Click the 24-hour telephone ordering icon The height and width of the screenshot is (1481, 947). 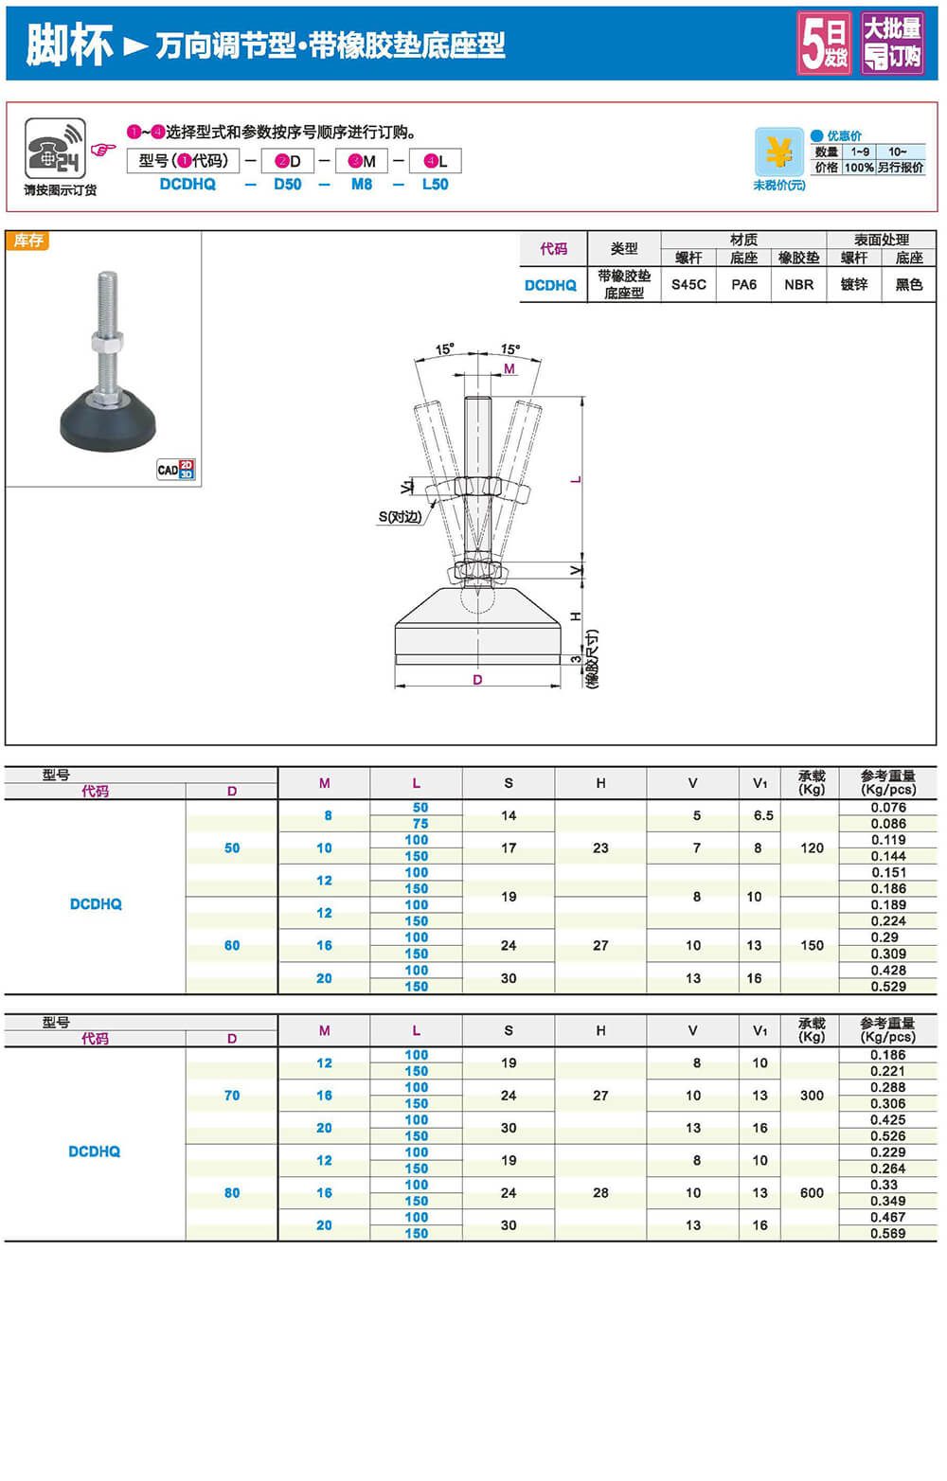tap(55, 148)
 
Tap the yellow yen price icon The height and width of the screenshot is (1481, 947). tap(778, 152)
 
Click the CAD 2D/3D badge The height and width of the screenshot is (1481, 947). tap(176, 470)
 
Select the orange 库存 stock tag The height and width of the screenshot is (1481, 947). tap(28, 241)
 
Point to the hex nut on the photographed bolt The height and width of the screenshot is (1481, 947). tap(107, 342)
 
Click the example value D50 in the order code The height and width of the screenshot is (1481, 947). tap(287, 185)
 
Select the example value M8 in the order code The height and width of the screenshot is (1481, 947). tap(362, 185)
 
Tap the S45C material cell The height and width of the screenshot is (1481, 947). tap(688, 284)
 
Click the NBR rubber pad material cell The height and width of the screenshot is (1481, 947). tap(798, 284)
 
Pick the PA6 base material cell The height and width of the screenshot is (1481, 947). tap(743, 284)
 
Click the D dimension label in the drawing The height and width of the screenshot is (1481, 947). tap(477, 680)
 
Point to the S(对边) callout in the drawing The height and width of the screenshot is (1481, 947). tap(400, 517)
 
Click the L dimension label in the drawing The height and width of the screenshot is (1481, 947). tap(576, 479)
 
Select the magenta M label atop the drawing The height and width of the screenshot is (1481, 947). tap(509, 368)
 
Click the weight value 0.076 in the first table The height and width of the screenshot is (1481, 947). tap(888, 808)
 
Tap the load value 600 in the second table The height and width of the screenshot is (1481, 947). tap(812, 1193)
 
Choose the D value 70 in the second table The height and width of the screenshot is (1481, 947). tap(232, 1096)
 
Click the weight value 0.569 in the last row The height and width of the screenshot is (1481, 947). tap(888, 1234)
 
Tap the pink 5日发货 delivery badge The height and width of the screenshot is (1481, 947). tap(824, 44)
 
